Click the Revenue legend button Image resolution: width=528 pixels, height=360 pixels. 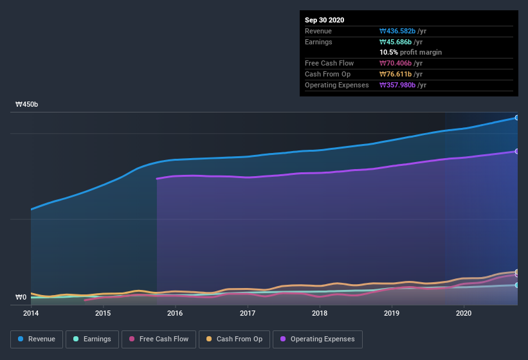click(x=37, y=339)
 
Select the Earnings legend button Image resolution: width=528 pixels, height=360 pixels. click(x=91, y=339)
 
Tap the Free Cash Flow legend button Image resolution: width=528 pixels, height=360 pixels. click(x=159, y=339)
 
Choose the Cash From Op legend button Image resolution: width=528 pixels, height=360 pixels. click(x=235, y=339)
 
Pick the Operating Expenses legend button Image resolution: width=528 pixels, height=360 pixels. click(x=317, y=339)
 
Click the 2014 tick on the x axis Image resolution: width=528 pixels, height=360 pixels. click(x=31, y=313)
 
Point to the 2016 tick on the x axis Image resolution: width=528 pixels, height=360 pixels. click(x=175, y=313)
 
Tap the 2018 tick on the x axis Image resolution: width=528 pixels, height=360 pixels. click(x=320, y=313)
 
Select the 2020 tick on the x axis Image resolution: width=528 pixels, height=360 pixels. click(x=464, y=313)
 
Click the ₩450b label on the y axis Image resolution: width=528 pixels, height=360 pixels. click(x=27, y=104)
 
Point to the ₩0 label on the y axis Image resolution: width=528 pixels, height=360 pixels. click(x=21, y=297)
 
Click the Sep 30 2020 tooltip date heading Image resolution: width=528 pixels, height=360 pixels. click(x=325, y=20)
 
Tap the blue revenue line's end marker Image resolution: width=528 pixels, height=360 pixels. click(x=517, y=118)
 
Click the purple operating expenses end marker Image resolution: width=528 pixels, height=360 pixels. click(x=517, y=151)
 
